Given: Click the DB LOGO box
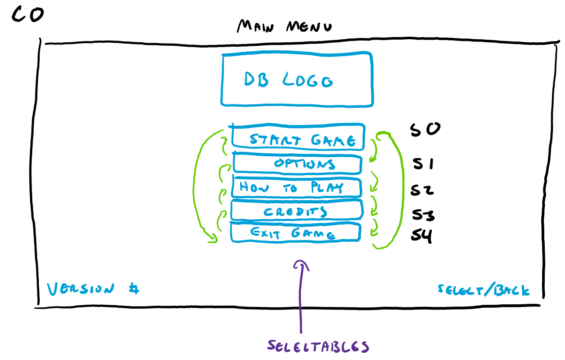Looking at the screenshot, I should click(297, 79).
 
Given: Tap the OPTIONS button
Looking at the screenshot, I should click(297, 164).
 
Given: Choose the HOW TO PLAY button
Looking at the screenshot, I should click(295, 187).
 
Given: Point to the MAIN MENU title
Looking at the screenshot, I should click(285, 27).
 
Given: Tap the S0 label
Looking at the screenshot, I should click(424, 129).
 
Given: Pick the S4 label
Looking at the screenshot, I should click(421, 236).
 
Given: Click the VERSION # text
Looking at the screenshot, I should click(93, 289).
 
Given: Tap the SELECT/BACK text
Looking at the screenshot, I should click(483, 290).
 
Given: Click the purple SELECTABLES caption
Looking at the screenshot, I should click(318, 346).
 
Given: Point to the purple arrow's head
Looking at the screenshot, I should click(301, 264).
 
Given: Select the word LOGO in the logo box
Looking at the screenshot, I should click(308, 80).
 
